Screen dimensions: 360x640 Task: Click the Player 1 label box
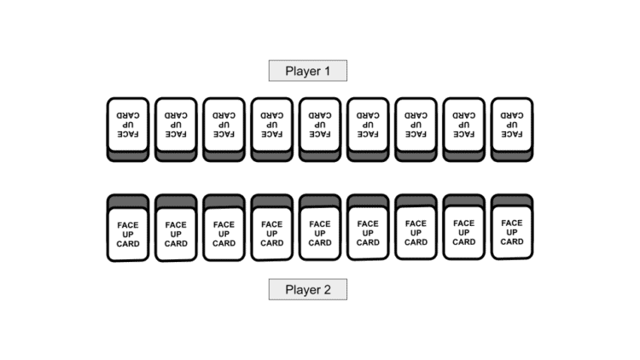[x=307, y=71]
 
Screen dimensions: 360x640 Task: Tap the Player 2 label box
[x=307, y=289]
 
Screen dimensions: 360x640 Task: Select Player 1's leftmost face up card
[x=128, y=125]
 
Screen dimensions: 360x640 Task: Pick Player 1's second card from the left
[x=176, y=125]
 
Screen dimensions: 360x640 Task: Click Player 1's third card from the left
[x=224, y=125]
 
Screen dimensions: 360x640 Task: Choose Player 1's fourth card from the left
[x=272, y=125]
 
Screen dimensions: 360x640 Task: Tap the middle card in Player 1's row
[x=320, y=125]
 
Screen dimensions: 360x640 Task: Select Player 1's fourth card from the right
[x=368, y=125]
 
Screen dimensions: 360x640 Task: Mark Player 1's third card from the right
[x=416, y=125]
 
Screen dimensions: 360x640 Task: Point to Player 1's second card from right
[x=464, y=125]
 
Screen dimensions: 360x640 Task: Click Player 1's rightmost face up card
[x=512, y=125]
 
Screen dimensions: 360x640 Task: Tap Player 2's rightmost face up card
[x=512, y=229]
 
